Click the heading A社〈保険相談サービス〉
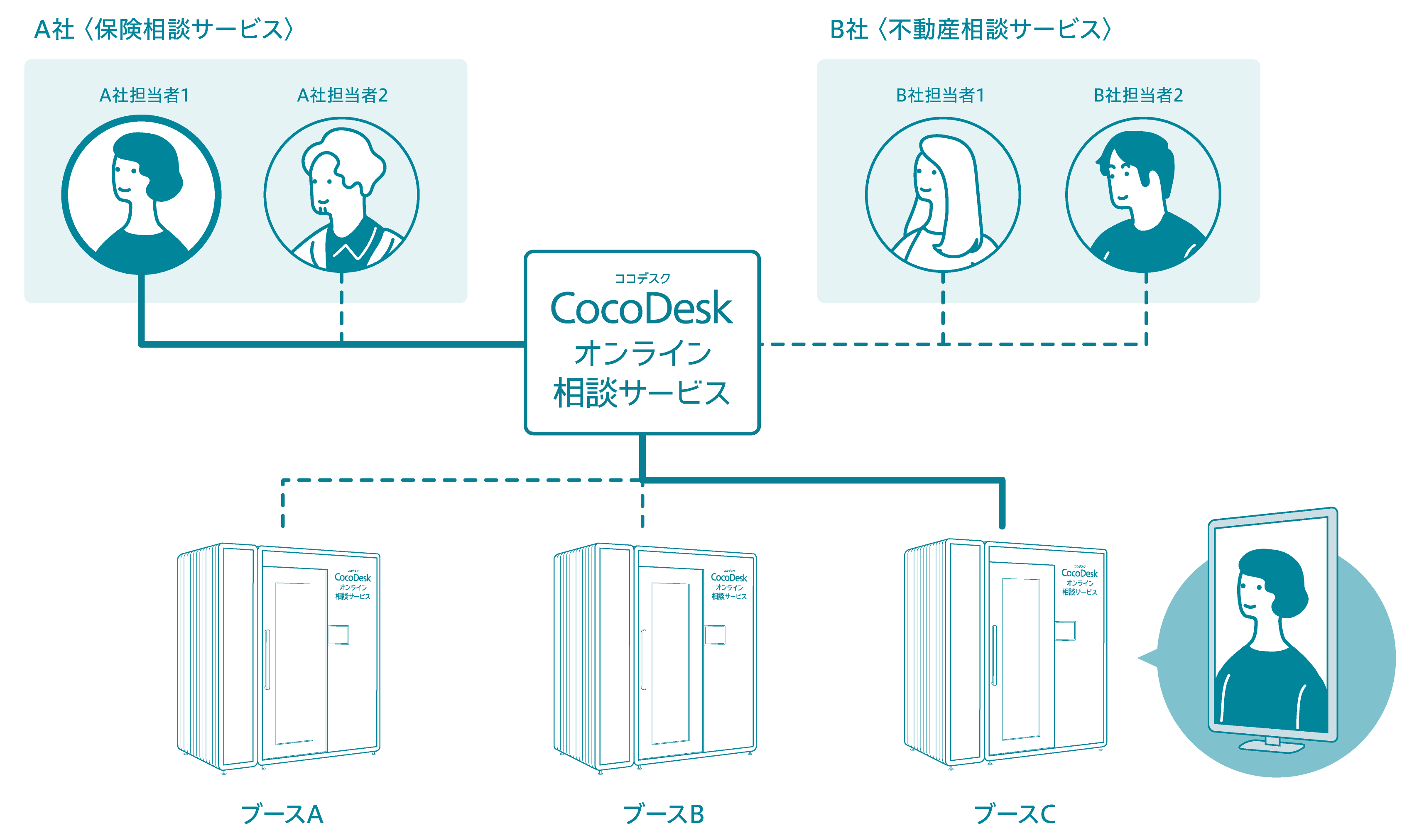coord(163,29)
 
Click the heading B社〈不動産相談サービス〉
coord(970,29)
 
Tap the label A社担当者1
coord(144,96)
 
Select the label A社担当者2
coord(342,96)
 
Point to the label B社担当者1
coord(940,96)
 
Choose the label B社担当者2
coord(1138,96)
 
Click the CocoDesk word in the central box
coord(642,308)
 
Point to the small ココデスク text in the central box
coord(642,278)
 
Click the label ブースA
coord(282,814)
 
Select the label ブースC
coord(1015,814)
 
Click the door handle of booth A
coord(267,659)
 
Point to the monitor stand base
coord(1271,747)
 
